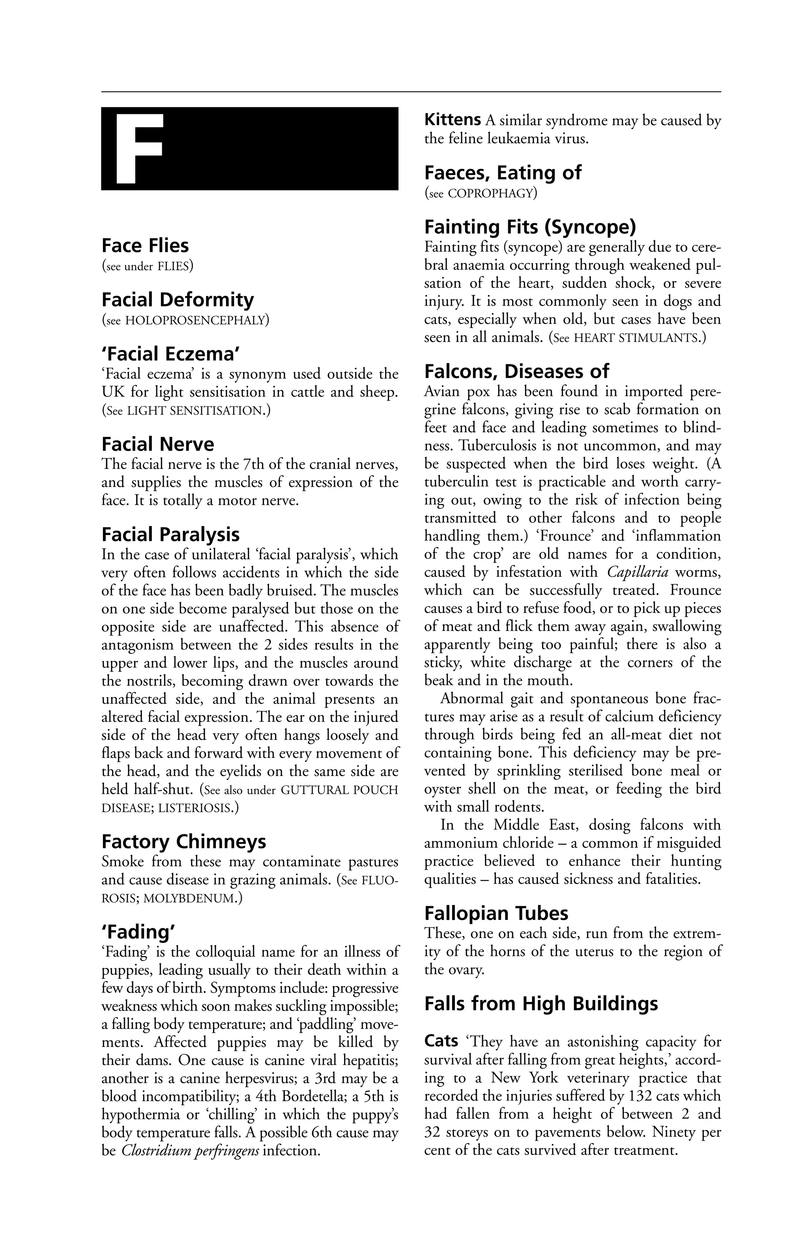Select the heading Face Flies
click(145, 245)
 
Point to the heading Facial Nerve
click(157, 444)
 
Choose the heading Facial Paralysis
click(170, 534)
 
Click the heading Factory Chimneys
click(183, 841)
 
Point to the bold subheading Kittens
click(452, 120)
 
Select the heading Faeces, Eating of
click(502, 173)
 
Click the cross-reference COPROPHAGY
click(490, 194)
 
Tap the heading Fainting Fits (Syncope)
click(529, 227)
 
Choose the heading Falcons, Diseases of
click(516, 371)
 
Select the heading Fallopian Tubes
click(496, 914)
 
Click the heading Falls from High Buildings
click(541, 1004)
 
